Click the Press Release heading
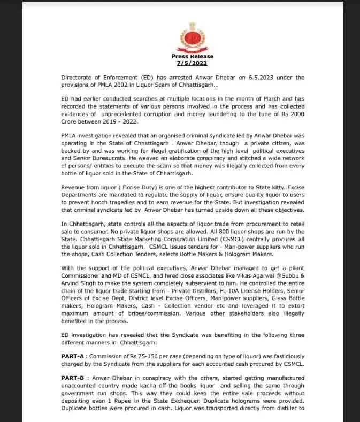[192, 56]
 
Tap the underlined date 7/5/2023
[192, 63]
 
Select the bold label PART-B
[74, 378]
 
